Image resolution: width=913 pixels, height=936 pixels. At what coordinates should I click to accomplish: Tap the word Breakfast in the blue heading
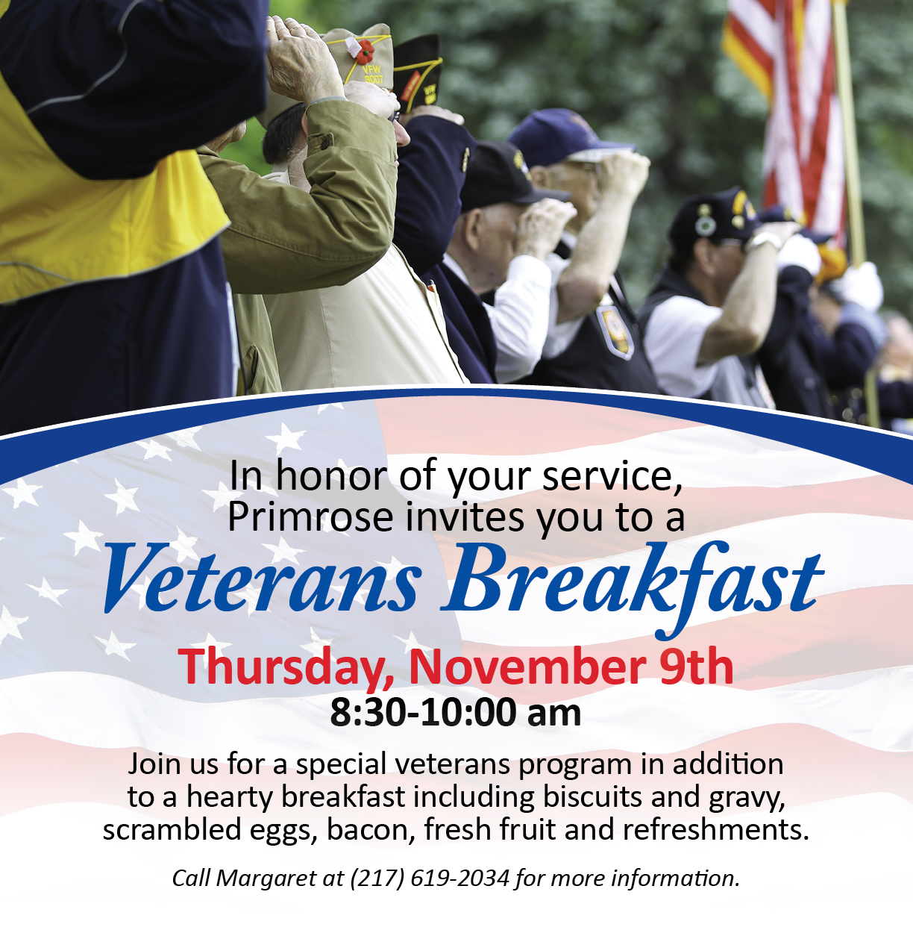click(x=633, y=587)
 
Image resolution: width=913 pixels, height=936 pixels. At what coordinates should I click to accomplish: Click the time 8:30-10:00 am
click(x=455, y=713)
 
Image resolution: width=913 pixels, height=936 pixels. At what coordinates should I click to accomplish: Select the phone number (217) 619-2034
click(x=430, y=879)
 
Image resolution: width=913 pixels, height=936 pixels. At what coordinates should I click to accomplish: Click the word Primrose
click(x=310, y=517)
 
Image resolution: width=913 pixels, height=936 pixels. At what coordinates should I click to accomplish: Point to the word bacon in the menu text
click(x=367, y=830)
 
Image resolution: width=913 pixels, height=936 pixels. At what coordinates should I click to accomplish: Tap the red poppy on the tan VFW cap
click(x=365, y=52)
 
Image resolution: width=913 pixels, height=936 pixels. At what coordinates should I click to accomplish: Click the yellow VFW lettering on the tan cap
click(x=372, y=74)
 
